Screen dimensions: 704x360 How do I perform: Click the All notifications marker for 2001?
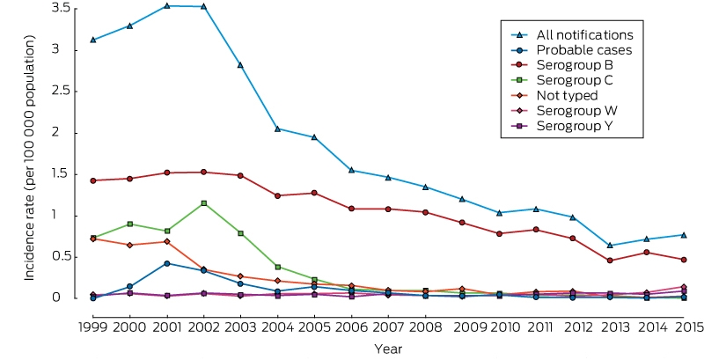click(166, 6)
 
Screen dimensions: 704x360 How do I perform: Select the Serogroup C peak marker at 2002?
click(204, 203)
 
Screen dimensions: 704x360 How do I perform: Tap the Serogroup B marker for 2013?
click(610, 261)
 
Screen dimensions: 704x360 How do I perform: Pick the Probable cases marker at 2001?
click(166, 263)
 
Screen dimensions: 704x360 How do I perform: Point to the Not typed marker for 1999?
click(93, 239)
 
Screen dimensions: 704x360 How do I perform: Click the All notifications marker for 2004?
click(277, 129)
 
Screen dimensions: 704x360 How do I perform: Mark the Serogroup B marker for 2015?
click(684, 260)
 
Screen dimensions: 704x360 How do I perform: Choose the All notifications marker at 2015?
click(684, 235)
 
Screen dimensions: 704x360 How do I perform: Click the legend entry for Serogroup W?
click(571, 110)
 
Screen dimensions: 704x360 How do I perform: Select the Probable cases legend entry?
click(571, 50)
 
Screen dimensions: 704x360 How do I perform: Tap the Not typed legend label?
click(567, 96)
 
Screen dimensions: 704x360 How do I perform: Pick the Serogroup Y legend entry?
click(568, 126)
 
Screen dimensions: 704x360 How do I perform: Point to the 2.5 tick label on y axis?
click(62, 92)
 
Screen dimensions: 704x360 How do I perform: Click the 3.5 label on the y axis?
click(62, 9)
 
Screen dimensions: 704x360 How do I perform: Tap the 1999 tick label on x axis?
click(93, 327)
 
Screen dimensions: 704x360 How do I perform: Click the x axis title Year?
click(388, 349)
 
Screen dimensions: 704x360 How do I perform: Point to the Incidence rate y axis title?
click(29, 158)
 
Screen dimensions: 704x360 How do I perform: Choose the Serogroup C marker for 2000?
click(129, 224)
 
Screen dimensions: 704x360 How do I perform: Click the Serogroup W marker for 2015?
click(684, 287)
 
